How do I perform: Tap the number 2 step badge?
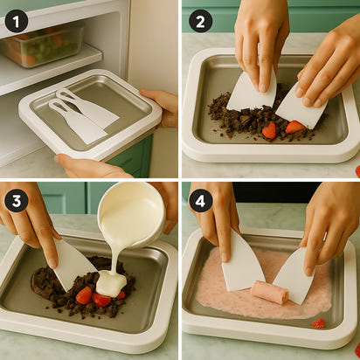point(201,20)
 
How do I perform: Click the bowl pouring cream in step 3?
point(131,213)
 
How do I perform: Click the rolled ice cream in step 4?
point(269,293)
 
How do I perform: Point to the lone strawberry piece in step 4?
point(319,323)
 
